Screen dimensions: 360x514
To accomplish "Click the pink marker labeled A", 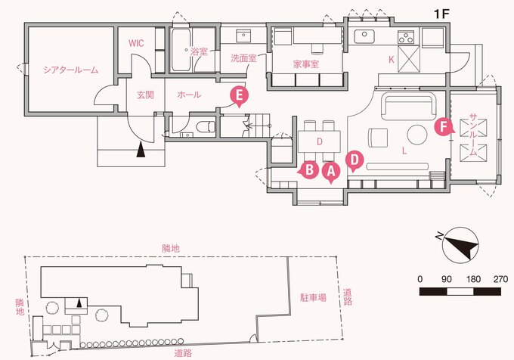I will pyautogui.click(x=330, y=172).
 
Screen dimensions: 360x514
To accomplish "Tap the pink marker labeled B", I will pyautogui.click(x=308, y=170).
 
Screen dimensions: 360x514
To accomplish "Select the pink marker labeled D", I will pyautogui.click(x=355, y=160).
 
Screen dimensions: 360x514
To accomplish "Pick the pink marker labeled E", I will pyautogui.click(x=239, y=95).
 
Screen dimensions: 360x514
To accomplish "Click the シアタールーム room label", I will pyautogui.click(x=70, y=70).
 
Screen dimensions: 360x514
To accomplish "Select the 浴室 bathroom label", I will pyautogui.click(x=199, y=51).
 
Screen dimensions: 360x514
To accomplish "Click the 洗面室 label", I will pyautogui.click(x=244, y=57).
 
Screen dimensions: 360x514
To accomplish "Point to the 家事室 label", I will pyautogui.click(x=305, y=64).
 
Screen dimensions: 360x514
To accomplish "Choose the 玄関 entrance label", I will pyautogui.click(x=145, y=95).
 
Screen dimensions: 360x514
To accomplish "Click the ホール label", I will pyautogui.click(x=188, y=95).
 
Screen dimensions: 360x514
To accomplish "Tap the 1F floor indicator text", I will pyautogui.click(x=443, y=14).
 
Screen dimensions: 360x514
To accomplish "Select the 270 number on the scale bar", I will pyautogui.click(x=500, y=278).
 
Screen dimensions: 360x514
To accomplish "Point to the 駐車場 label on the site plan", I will pyautogui.click(x=312, y=298).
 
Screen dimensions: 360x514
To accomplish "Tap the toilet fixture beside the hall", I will pyautogui.click(x=200, y=126).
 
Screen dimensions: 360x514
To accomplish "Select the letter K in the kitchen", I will pyautogui.click(x=392, y=58).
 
